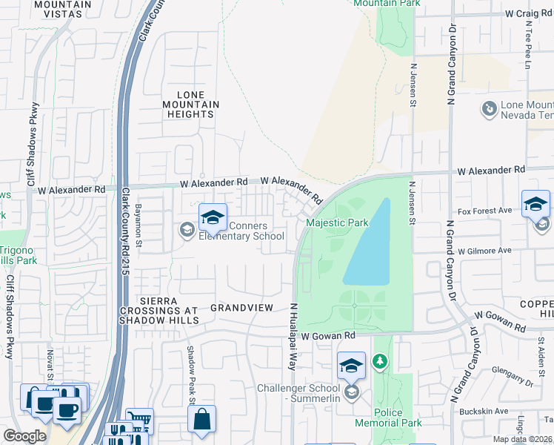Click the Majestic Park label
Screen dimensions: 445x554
coord(337,222)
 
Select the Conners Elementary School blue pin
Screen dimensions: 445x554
coord(213,218)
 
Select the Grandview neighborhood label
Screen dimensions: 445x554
coord(242,307)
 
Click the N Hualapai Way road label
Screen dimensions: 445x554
coord(293,337)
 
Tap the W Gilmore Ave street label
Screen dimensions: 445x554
coord(484,251)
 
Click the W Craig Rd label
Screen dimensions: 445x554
coord(530,13)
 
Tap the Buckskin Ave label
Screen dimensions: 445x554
coord(487,411)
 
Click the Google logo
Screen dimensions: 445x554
coord(24,436)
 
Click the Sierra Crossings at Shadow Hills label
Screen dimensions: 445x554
coord(158,310)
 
